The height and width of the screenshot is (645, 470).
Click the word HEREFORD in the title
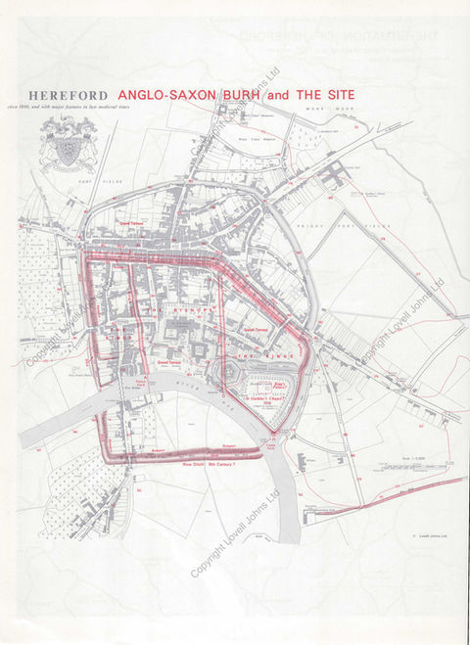(69, 95)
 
